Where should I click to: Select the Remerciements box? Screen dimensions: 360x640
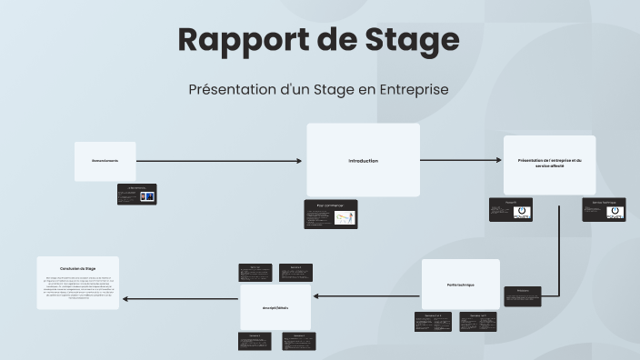105,161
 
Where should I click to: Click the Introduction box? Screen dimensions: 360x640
363,161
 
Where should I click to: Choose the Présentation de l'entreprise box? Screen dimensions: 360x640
549,164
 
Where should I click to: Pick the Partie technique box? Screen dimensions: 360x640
460,284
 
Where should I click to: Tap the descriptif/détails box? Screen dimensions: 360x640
275,307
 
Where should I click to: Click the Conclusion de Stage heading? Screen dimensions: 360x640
78,269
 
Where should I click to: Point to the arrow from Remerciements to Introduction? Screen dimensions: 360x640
218,161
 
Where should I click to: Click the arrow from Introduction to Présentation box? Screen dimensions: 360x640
461,161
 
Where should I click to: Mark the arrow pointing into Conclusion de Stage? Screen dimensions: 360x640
182,298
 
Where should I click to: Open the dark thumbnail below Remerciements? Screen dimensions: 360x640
136,194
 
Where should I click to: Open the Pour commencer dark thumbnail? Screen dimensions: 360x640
330,214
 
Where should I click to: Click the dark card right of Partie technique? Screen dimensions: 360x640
523,295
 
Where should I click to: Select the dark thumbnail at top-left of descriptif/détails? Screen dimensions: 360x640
255,273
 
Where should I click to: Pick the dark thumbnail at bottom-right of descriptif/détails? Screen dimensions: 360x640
298,341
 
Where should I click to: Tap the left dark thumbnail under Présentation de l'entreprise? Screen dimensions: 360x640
511,209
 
